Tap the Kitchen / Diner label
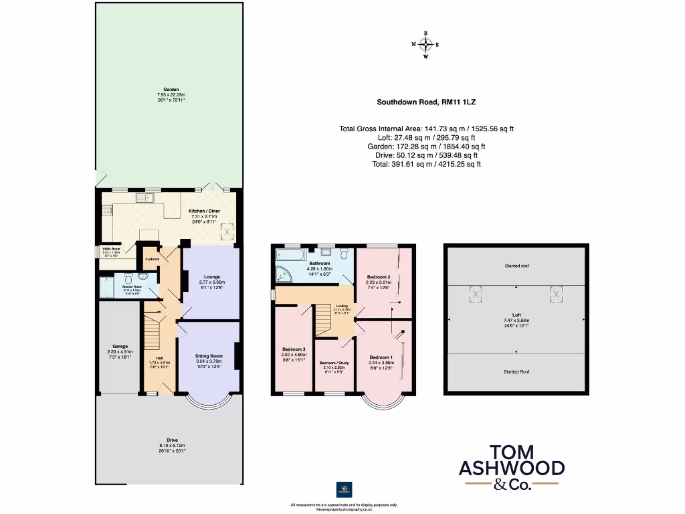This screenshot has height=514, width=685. pyautogui.click(x=205, y=210)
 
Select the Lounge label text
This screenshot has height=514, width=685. pyautogui.click(x=211, y=276)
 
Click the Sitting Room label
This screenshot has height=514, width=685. pyautogui.click(x=208, y=356)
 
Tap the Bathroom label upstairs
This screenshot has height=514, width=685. pyautogui.click(x=315, y=263)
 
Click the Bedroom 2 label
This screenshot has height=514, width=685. pyautogui.click(x=378, y=276)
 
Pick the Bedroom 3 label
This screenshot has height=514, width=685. pyautogui.click(x=294, y=349)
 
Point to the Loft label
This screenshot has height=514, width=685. pyautogui.click(x=516, y=315)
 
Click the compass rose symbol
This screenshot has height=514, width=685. pyautogui.click(x=425, y=45)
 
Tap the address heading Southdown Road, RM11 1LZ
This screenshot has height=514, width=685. pyautogui.click(x=426, y=102)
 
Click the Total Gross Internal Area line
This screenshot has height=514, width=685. pyautogui.click(x=426, y=128)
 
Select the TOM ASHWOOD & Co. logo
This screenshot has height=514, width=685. pyautogui.click(x=511, y=466)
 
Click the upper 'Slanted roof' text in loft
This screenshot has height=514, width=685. pyautogui.click(x=516, y=266)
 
